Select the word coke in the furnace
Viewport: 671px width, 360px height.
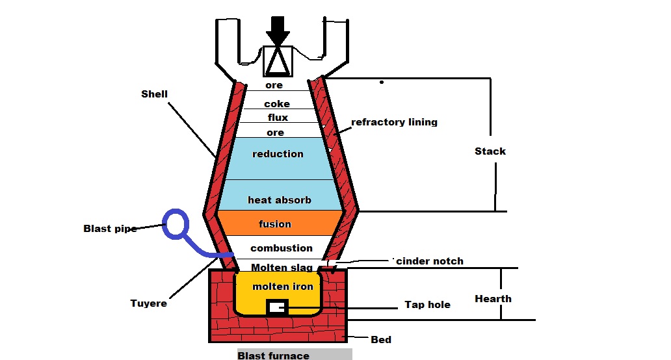[x=277, y=104]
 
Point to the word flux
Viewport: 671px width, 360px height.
[x=278, y=118]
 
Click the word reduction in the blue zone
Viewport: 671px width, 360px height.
[x=278, y=154]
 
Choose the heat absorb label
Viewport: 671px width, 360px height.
[x=279, y=200]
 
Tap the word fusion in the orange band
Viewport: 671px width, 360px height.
[x=275, y=224]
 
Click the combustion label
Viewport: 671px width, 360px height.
[x=282, y=248]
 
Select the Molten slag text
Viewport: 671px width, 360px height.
[x=282, y=268]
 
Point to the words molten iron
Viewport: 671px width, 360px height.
[x=283, y=287]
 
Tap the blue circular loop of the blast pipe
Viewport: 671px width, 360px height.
[x=176, y=224]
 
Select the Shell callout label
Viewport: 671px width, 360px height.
[x=154, y=94]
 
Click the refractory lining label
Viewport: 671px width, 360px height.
[x=394, y=122]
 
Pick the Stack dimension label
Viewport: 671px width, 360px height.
[x=490, y=151]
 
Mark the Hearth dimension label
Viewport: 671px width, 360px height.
[x=493, y=299]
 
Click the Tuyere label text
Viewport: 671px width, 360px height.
[x=148, y=303]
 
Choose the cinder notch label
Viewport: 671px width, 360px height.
[x=430, y=261]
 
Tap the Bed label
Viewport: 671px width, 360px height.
[x=381, y=340]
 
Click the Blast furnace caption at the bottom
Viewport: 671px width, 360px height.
[x=273, y=355]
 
